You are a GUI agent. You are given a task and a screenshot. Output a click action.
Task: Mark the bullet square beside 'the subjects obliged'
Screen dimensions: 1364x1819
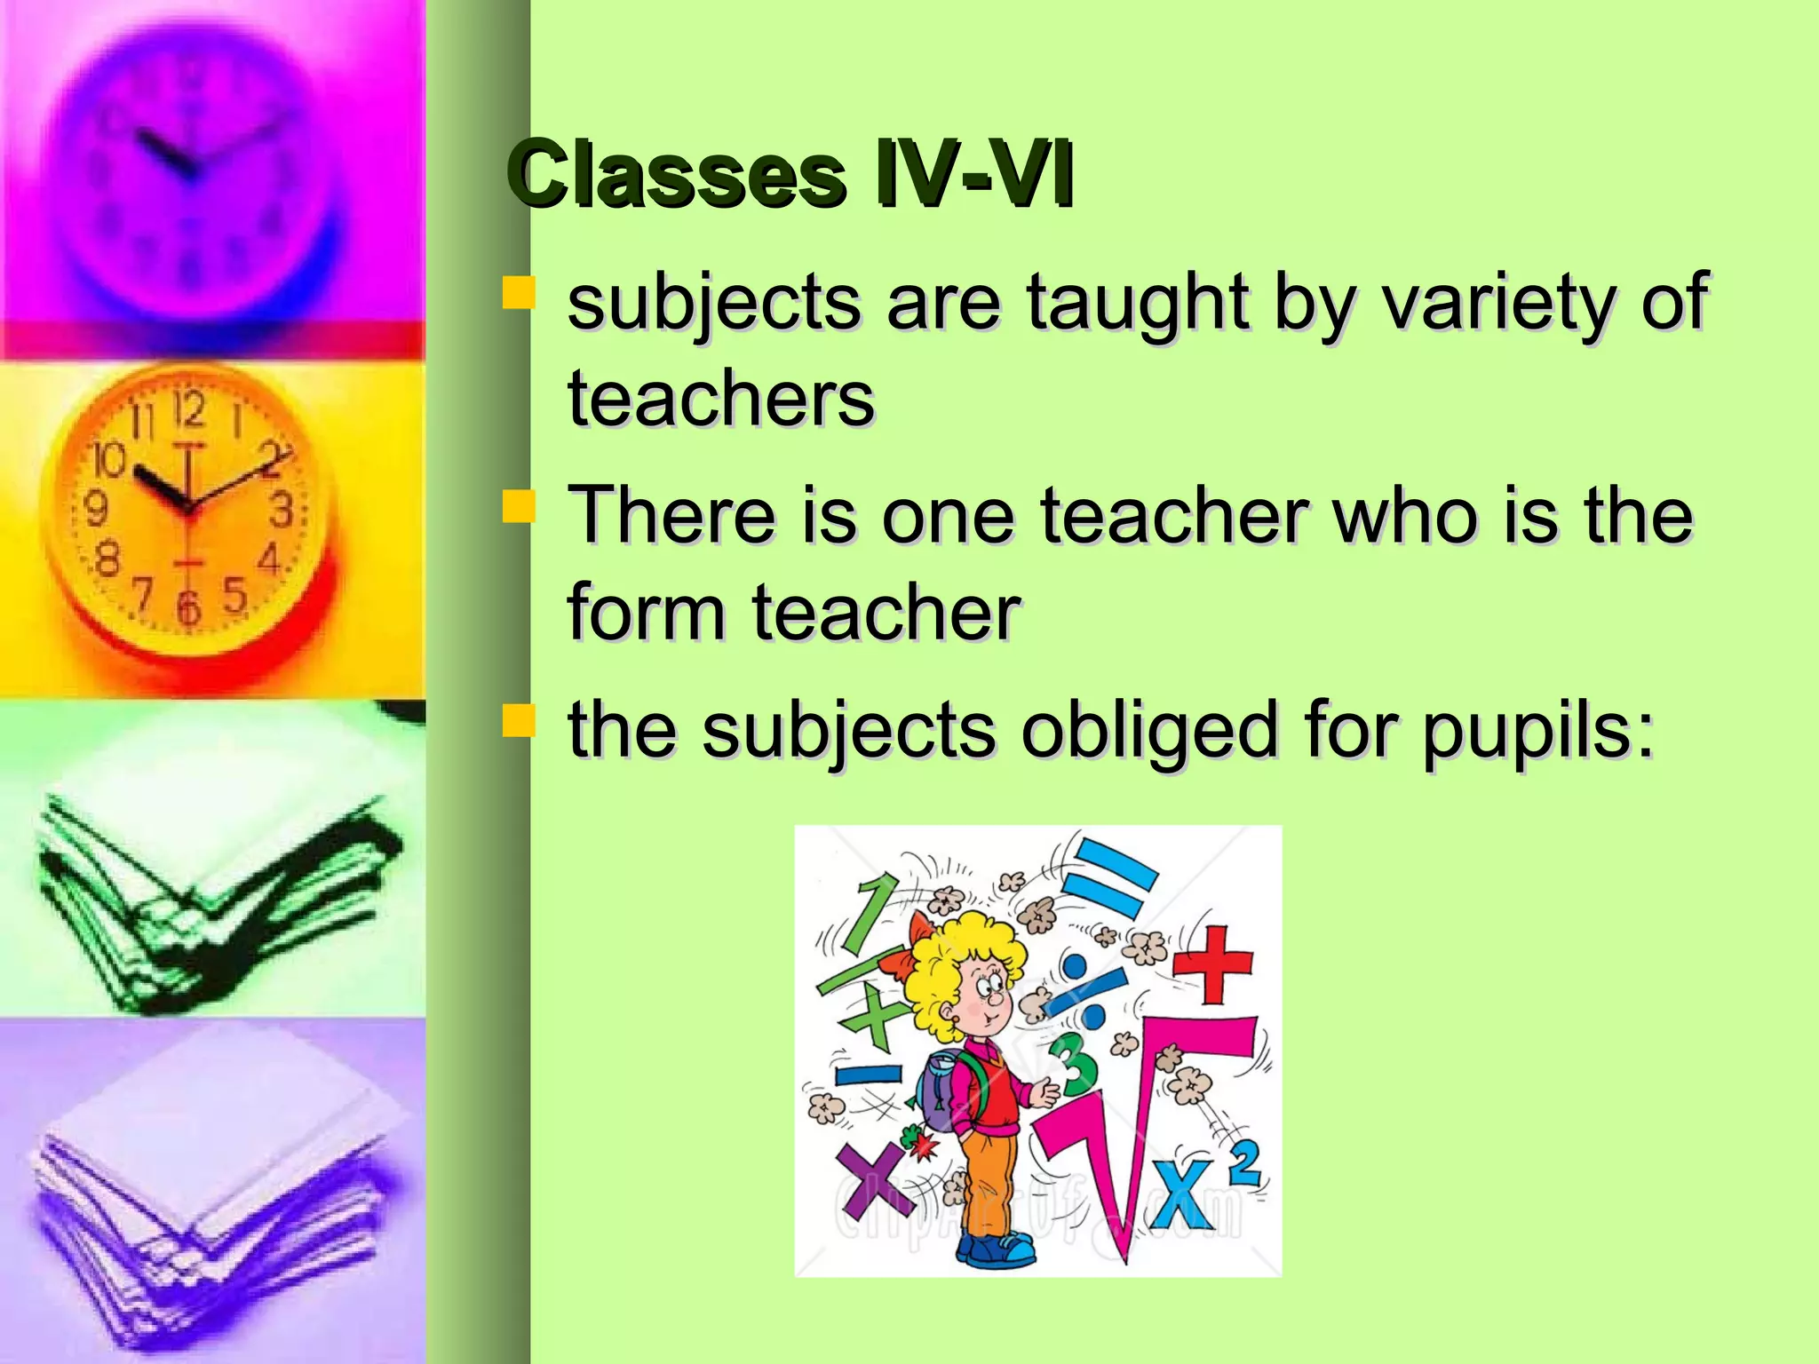[519, 720]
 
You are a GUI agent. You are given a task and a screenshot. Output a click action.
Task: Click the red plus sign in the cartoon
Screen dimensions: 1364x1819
[1213, 964]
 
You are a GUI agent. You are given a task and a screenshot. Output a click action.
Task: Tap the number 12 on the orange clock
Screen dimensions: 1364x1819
[188, 409]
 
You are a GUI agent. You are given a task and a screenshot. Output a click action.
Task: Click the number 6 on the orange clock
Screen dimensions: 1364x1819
[187, 607]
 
